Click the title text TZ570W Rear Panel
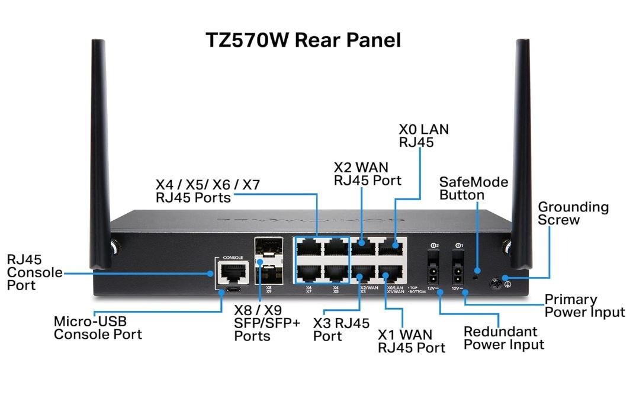point(303,40)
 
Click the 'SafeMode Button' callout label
point(474,188)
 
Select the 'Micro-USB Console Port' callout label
point(98,328)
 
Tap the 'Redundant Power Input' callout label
point(503,338)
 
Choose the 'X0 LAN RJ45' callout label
point(423,135)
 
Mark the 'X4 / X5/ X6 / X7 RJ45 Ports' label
point(207,191)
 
